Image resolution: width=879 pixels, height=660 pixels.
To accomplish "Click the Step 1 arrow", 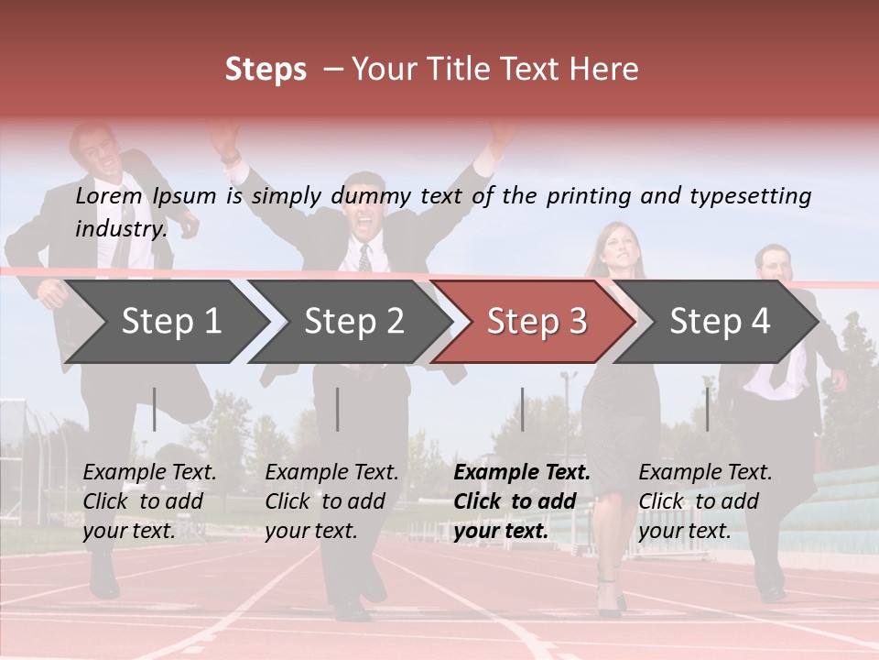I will (x=169, y=322).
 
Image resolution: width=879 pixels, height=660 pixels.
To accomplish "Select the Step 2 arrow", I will (x=353, y=322).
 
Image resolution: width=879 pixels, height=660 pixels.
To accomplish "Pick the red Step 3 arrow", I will (x=536, y=322).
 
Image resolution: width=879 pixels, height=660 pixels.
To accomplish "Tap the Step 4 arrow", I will (x=719, y=322).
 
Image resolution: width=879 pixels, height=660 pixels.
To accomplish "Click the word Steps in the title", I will (x=266, y=70).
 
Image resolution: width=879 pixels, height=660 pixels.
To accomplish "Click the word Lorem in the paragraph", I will (x=109, y=195).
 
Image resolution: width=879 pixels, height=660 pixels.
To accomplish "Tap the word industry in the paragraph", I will (x=121, y=229).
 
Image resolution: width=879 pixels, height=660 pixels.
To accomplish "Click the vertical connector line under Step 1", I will (x=155, y=409).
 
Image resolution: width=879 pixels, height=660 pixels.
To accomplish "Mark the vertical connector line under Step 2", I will (x=338, y=409).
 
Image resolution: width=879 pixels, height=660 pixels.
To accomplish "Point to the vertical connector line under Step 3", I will (x=523, y=409).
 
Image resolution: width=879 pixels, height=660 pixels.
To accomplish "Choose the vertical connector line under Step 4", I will (x=707, y=409).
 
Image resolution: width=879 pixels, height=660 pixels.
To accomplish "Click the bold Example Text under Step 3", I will (x=522, y=473).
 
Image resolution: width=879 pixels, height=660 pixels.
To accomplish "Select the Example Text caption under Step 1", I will (x=149, y=473).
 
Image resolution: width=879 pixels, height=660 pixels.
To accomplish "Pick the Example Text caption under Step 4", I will (x=705, y=473).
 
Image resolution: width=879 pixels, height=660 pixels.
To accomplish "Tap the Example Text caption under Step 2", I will (x=331, y=473).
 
